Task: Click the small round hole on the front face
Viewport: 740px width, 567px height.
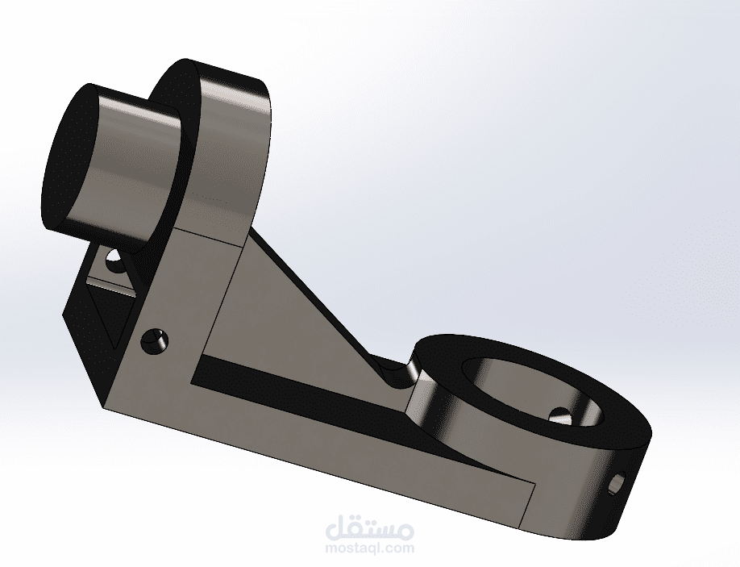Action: click(154, 342)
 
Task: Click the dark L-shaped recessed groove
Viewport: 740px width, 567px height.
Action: click(331, 406)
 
